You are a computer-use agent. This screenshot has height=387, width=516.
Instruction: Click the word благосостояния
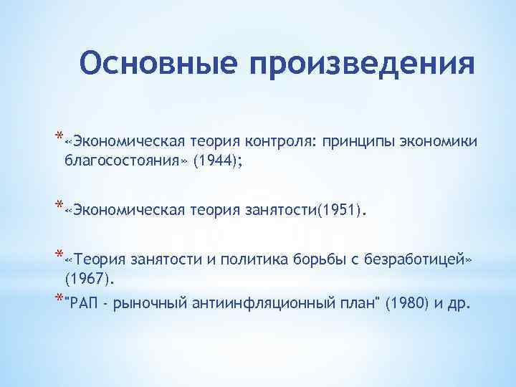126,162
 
